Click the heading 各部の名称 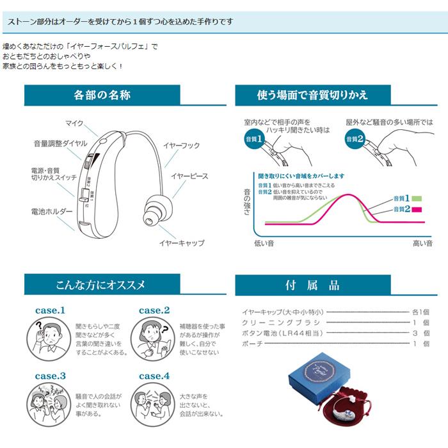click(102, 95)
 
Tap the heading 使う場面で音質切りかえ click(312, 95)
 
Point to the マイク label click(74, 123)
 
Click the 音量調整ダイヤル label click(58, 144)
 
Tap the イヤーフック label click(182, 147)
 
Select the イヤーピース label click(190, 175)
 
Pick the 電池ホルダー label click(48, 211)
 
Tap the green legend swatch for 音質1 click(418, 199)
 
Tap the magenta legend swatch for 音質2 click(418, 209)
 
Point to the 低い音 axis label click(264, 243)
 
